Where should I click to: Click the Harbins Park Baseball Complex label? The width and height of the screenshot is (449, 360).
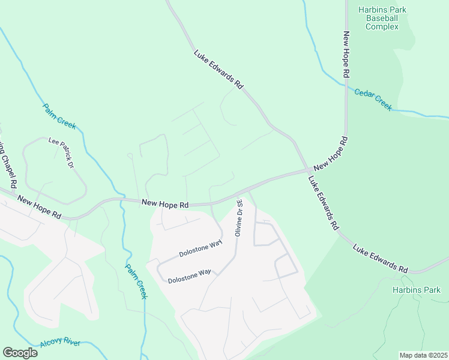tap(382, 18)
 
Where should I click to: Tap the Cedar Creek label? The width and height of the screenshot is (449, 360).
tap(373, 100)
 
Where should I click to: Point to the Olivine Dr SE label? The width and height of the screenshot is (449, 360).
tap(238, 217)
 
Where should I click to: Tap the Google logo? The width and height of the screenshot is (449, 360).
tap(20, 352)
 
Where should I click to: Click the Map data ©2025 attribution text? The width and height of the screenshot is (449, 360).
tap(423, 355)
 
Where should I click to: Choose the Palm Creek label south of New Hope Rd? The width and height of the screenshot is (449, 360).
tap(136, 282)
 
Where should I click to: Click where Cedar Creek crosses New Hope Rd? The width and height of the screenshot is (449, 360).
tap(346, 85)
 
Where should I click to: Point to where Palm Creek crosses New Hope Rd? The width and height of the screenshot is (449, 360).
tap(121, 200)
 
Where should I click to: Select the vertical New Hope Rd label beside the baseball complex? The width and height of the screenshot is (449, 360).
tap(346, 55)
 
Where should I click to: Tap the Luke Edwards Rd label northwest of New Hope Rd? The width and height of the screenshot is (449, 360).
tap(218, 70)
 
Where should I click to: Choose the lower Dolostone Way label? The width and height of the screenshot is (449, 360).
tap(189, 277)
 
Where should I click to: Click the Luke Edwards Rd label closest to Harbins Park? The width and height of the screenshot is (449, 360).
tap(381, 257)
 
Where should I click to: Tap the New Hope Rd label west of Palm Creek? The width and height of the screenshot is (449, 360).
tap(39, 206)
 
